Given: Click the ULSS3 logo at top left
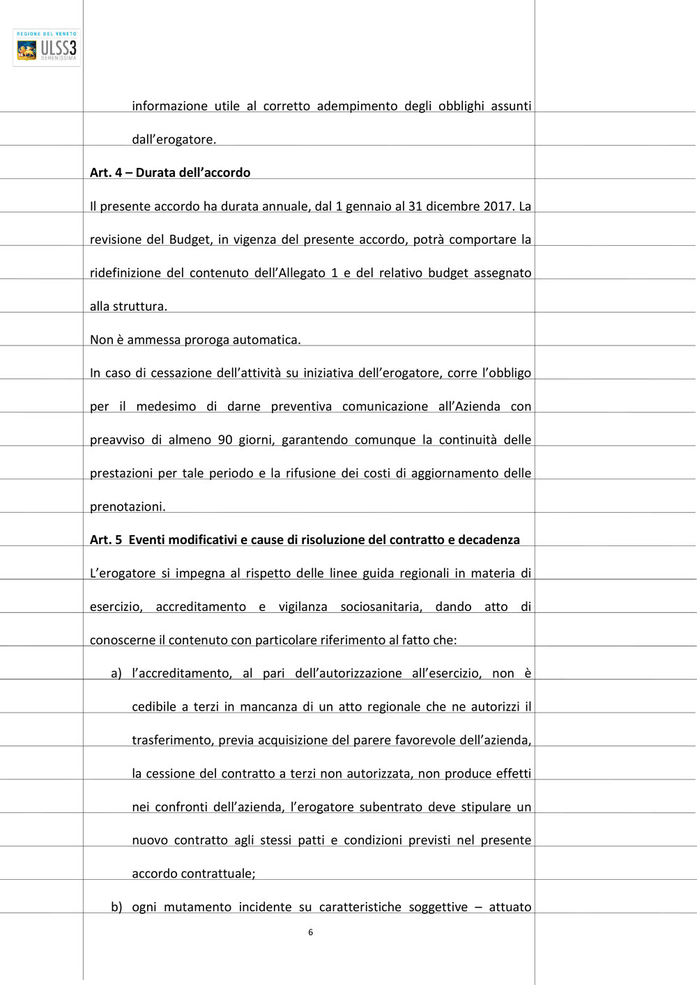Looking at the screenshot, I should point(47,47).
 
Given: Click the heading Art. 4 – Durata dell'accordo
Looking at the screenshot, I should point(170,173).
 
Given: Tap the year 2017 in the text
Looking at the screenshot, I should point(498,206).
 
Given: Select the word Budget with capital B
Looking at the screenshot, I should point(190,240).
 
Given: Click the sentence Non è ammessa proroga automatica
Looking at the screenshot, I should point(195,340).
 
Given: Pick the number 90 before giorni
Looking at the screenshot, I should point(225,440).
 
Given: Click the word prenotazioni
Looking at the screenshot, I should point(128,507).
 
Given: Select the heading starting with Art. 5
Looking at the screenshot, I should point(305,540).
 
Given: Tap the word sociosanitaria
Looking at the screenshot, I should point(381,607).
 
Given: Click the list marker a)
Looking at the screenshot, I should point(116,674).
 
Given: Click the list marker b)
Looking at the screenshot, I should point(116,907).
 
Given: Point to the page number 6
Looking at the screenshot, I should point(310,932).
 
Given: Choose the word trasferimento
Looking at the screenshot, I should point(172,740).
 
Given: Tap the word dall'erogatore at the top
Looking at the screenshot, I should point(174,139).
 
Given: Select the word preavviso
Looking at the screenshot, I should point(117,440).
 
